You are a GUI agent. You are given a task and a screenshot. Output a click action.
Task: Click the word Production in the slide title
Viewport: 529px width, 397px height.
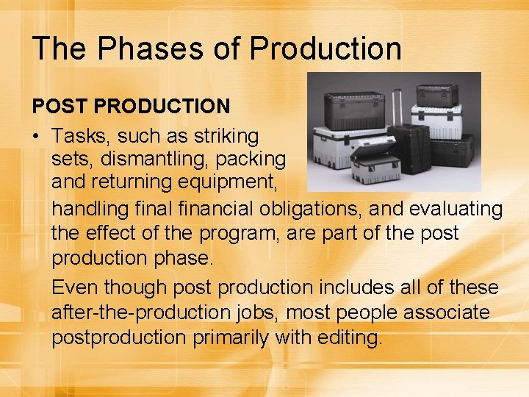pos(325,49)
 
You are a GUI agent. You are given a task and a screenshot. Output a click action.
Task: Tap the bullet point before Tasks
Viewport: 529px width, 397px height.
pos(37,137)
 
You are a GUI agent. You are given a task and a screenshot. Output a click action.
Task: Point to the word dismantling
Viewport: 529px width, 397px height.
pos(157,159)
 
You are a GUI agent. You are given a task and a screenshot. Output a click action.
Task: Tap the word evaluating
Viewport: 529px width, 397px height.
pos(456,210)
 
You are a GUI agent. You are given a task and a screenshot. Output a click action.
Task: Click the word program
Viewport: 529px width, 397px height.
pos(250,234)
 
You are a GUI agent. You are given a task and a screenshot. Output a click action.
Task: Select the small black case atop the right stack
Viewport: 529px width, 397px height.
pos(436,94)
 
